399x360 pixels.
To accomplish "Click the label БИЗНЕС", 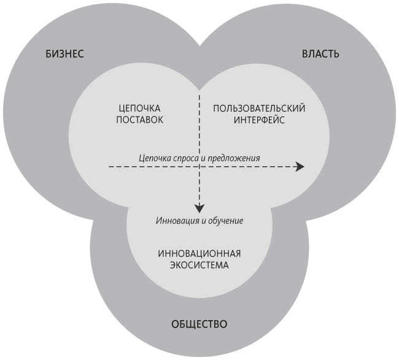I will (65, 53).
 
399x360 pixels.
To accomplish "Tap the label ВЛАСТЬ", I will (320, 53).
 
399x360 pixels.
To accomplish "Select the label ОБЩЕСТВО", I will (198, 323).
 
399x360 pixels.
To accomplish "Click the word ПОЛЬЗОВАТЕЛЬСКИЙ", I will (259, 108).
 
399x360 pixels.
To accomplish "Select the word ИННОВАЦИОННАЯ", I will (198, 254).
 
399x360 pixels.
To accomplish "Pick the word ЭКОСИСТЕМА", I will (198, 266).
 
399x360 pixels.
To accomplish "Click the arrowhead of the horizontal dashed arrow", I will (300, 166).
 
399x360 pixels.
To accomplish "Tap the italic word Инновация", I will (175, 220).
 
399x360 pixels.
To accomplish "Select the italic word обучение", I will (227, 220).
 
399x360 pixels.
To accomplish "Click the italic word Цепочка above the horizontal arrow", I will (154, 158).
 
